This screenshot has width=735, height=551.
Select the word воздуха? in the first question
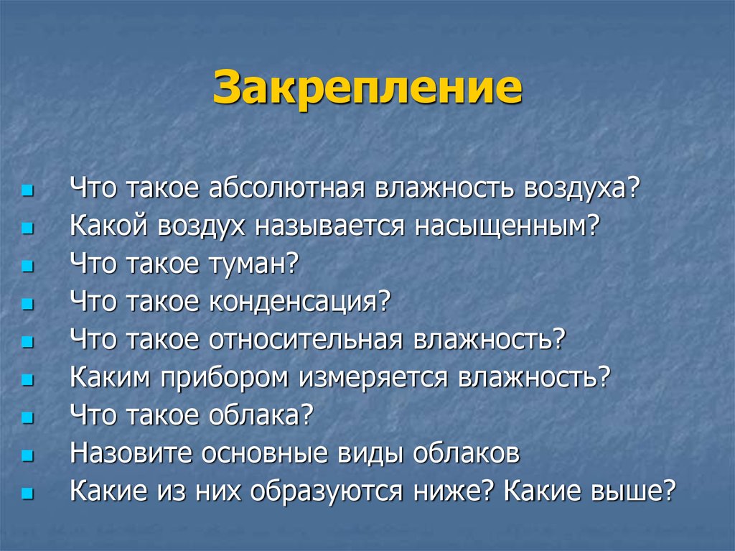coord(581,189)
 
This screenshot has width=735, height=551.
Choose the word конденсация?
coord(299,302)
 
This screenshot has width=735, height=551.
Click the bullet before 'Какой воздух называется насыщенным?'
coord(27,229)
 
